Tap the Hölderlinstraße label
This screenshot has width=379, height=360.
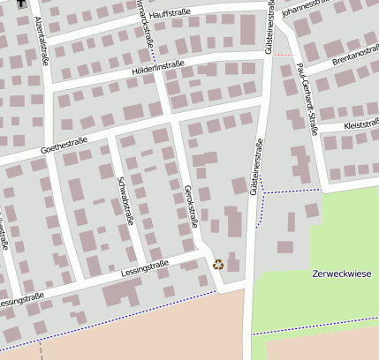tap(156, 64)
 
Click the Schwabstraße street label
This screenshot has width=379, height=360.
tap(124, 201)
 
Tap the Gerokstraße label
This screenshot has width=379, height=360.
tap(189, 208)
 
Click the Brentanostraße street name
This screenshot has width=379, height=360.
tap(354, 57)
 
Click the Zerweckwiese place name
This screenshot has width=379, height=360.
tap(342, 274)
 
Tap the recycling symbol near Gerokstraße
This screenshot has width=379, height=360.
tap(218, 263)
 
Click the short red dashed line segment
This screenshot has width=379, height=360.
tap(282, 55)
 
